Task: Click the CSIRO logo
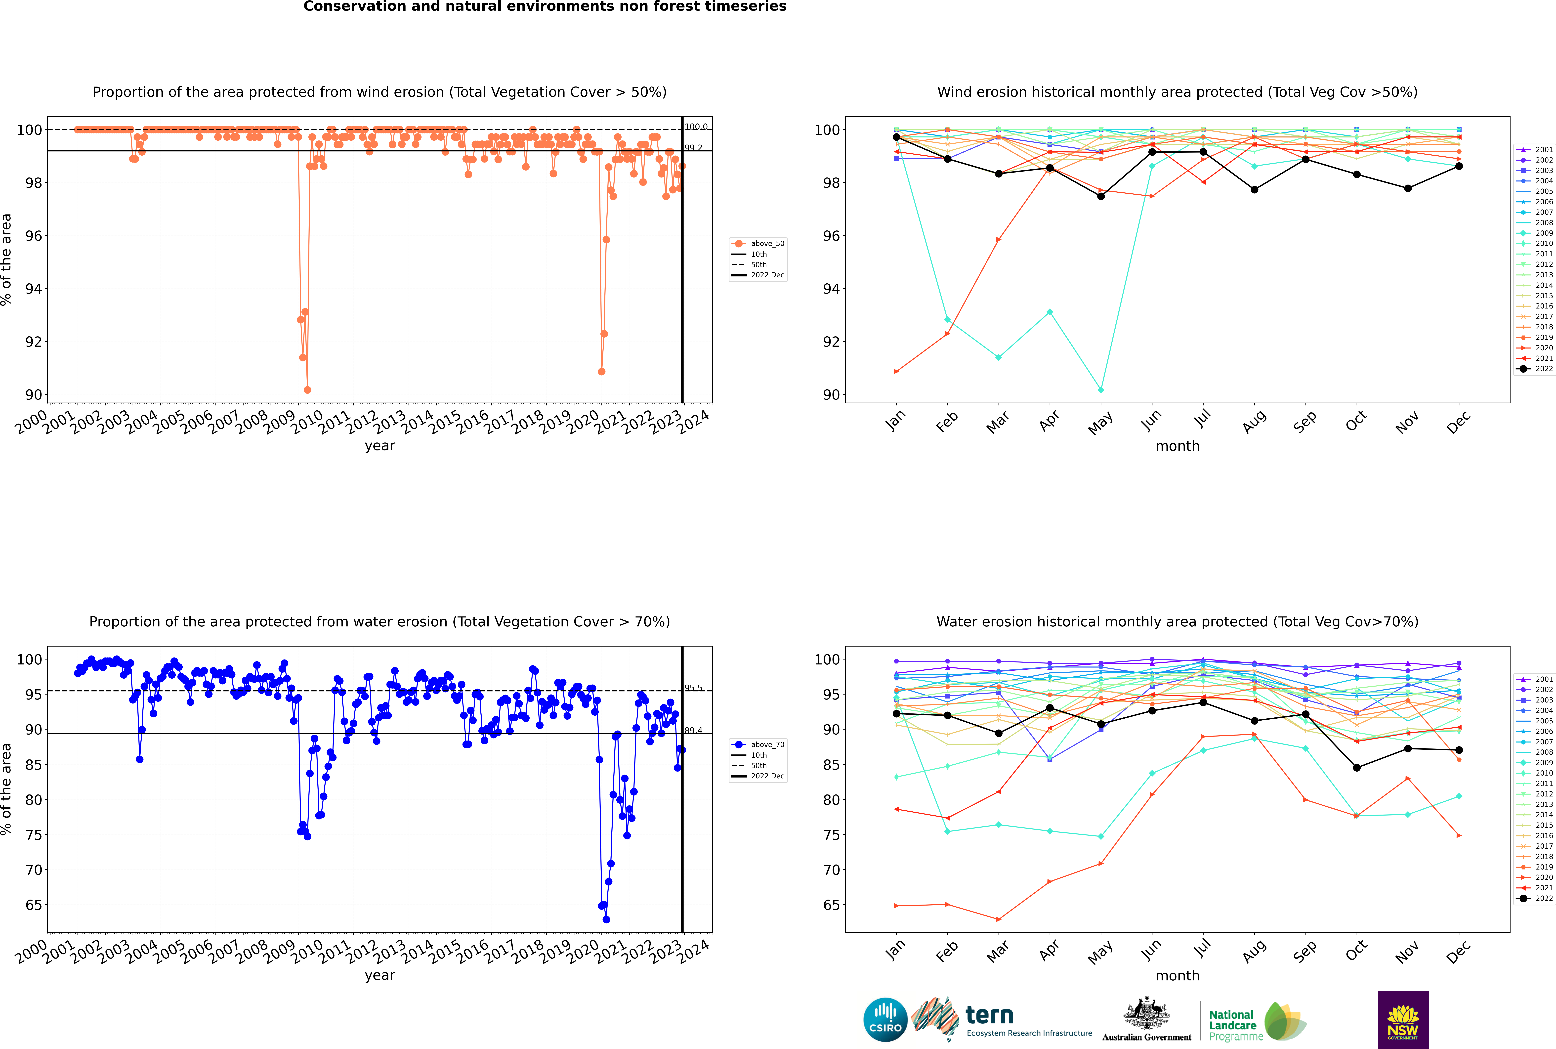point(885,1020)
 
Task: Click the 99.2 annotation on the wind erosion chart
point(693,148)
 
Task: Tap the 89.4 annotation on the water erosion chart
point(693,731)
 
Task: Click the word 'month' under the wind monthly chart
point(1177,446)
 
